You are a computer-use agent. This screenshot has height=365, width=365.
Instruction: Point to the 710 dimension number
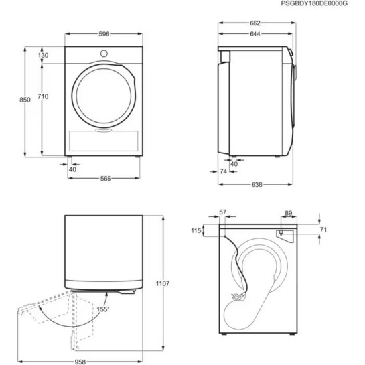(42, 97)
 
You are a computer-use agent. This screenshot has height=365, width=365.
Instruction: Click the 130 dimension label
(43, 56)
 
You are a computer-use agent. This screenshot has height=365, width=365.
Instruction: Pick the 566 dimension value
(105, 178)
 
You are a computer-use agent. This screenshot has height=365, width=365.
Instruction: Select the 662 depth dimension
(256, 23)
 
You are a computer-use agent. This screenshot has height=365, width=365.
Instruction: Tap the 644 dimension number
(256, 34)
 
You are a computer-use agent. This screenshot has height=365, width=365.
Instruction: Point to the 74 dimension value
(224, 171)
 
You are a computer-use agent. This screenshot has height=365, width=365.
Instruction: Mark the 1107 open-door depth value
(163, 283)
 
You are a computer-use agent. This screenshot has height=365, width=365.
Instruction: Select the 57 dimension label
(222, 212)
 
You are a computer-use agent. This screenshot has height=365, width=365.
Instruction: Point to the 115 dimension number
(196, 230)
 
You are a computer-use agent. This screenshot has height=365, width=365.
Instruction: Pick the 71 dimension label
(323, 230)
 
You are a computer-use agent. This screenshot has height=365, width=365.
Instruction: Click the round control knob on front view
(104, 52)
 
